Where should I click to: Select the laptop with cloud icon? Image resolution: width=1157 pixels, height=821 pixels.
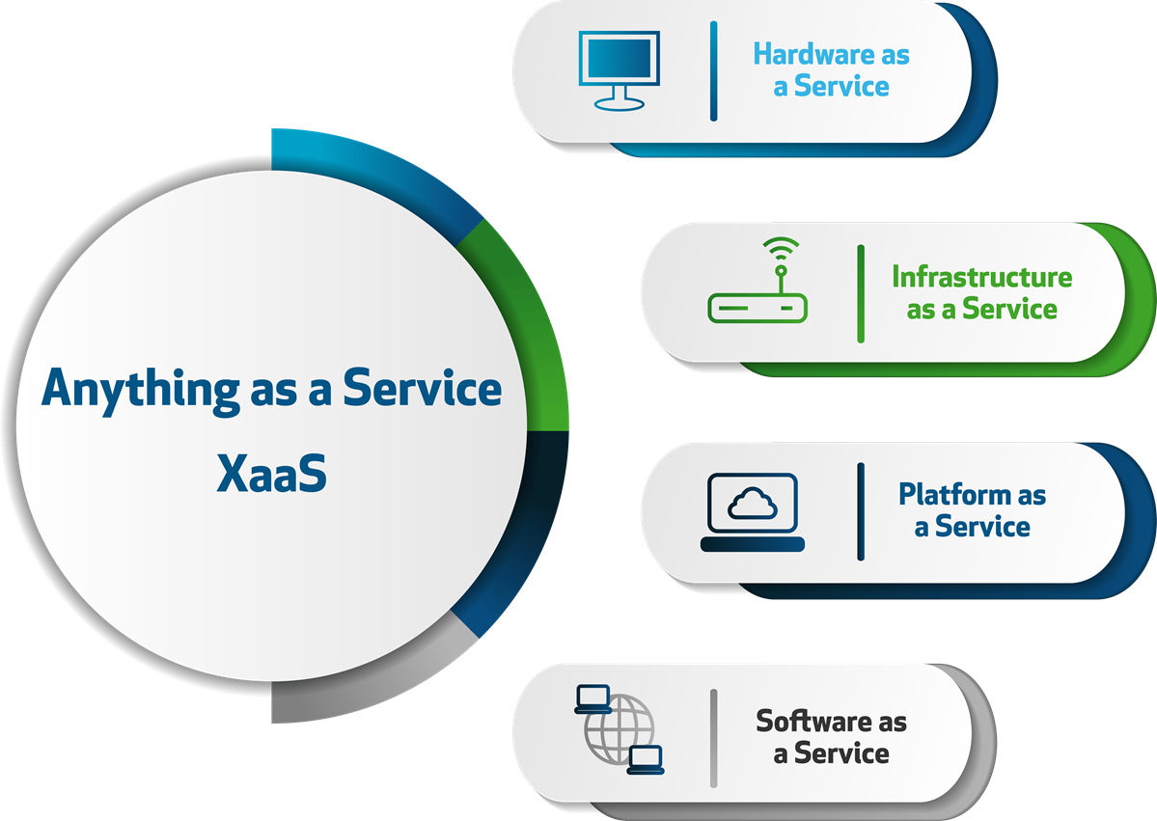tap(753, 512)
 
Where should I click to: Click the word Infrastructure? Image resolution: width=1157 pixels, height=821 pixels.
tap(981, 278)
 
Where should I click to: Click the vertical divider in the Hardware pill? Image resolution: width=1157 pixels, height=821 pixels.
tap(713, 71)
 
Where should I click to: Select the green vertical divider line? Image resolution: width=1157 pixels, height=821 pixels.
tap(861, 293)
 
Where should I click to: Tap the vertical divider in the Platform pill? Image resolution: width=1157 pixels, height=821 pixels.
tap(861, 511)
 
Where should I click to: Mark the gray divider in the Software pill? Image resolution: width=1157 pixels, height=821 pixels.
tap(713, 738)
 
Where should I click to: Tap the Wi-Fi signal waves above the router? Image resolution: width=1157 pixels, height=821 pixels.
tap(779, 250)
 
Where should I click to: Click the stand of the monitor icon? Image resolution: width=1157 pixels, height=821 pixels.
tap(620, 99)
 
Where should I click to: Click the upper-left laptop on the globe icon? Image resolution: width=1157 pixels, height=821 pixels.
tap(592, 698)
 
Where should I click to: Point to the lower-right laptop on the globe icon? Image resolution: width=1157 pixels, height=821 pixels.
tap(645, 759)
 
